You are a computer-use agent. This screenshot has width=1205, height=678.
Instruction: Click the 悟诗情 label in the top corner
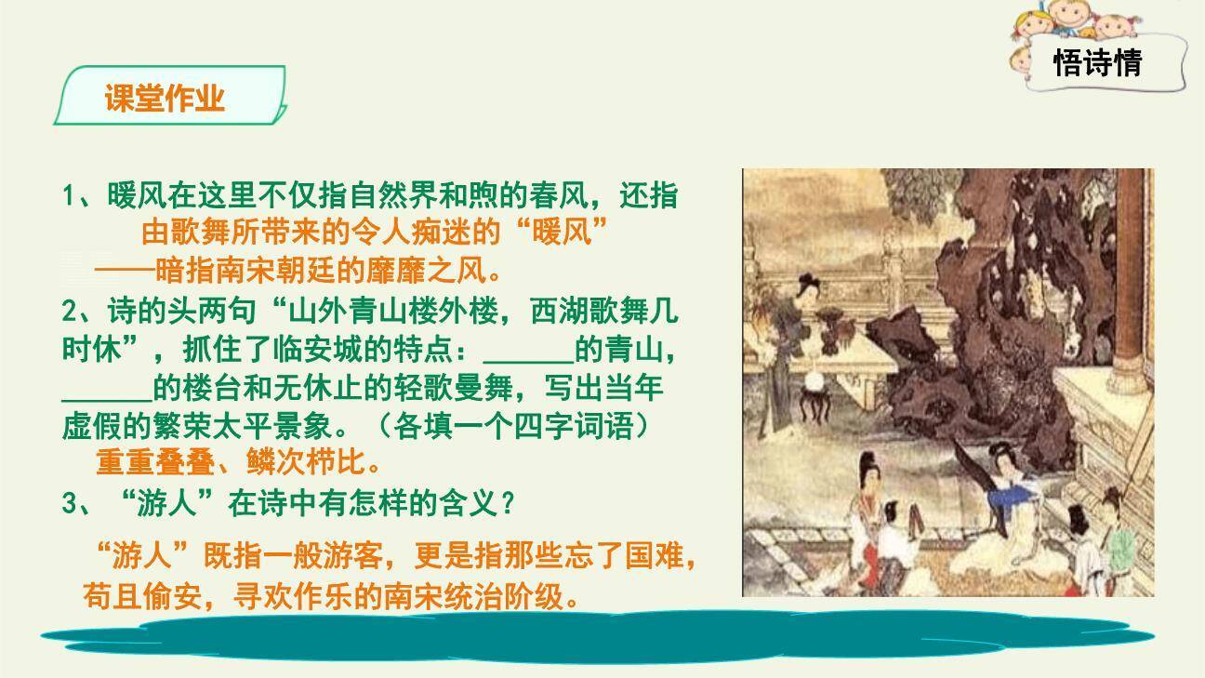[1097, 62]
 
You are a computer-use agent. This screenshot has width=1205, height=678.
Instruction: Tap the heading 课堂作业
[166, 99]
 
